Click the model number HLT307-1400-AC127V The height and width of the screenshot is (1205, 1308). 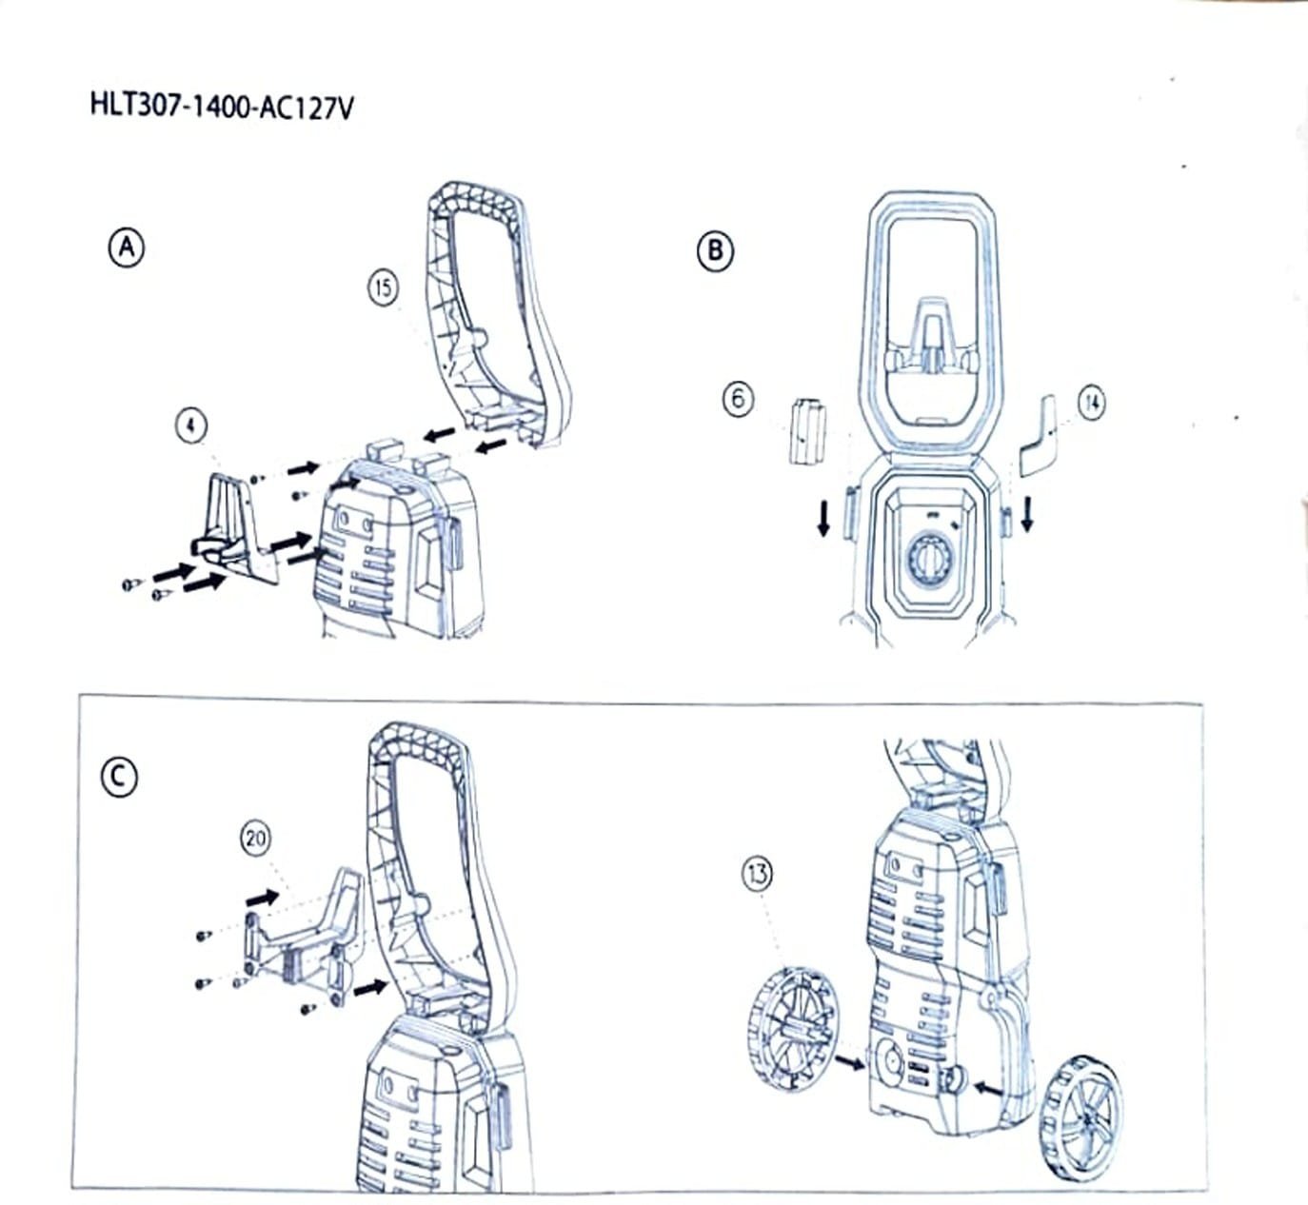click(222, 107)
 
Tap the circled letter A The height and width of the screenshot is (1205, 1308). click(127, 248)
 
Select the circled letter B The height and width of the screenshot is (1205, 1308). click(715, 251)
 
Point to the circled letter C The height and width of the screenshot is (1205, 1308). click(119, 778)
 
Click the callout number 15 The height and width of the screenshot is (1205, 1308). click(384, 288)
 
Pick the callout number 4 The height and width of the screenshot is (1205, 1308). click(191, 425)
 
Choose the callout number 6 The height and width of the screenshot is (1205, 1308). click(738, 399)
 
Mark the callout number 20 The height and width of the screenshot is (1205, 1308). click(255, 839)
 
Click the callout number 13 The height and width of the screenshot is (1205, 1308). click(757, 875)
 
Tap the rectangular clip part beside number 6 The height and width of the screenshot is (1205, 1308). click(808, 432)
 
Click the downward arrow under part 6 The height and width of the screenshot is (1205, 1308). click(824, 519)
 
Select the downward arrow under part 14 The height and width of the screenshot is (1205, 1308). click(1027, 514)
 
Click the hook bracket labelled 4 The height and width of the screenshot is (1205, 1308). click(235, 529)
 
